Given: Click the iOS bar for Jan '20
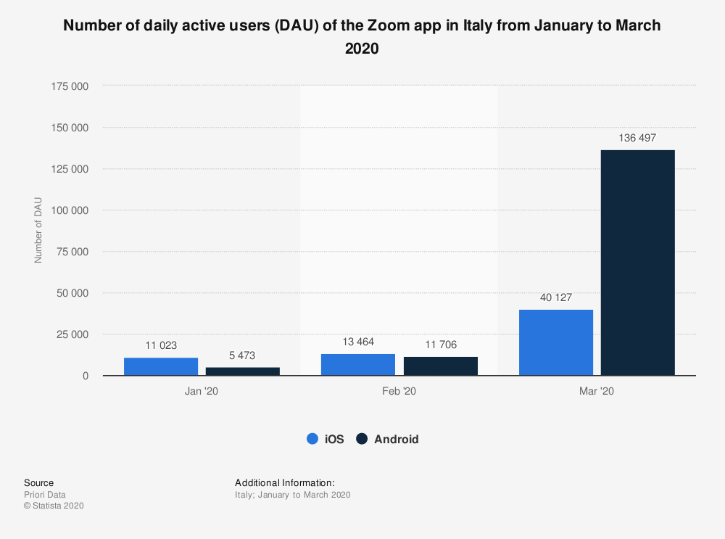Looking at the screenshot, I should [x=161, y=366].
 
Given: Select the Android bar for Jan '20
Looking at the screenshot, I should [x=242, y=371].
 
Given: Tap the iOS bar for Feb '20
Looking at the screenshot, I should [x=358, y=364].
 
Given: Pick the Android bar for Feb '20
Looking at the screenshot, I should [x=440, y=366].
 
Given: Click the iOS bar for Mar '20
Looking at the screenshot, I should [x=556, y=342].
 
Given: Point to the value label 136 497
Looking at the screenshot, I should [x=638, y=138].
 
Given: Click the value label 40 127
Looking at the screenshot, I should [x=556, y=297].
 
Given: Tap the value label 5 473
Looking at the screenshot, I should [x=242, y=355].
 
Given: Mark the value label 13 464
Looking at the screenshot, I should [x=358, y=342].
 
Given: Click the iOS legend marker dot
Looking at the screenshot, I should [x=313, y=439].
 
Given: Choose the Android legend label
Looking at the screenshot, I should [x=396, y=439].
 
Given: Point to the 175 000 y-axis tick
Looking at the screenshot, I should [x=70, y=86].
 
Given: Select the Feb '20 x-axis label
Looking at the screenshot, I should [x=399, y=391].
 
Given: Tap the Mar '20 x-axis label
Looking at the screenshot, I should [x=597, y=391].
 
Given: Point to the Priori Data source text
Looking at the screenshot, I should [x=45, y=495].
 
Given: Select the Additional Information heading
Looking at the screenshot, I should [x=284, y=482].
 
